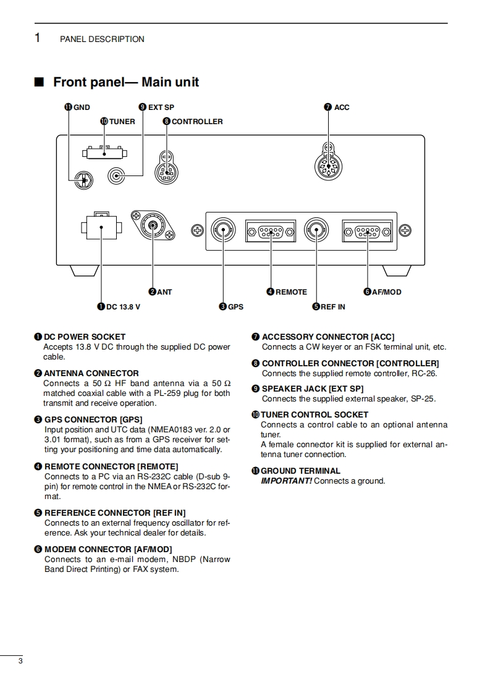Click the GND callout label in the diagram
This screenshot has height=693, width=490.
pyautogui.click(x=78, y=107)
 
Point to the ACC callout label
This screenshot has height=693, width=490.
pyautogui.click(x=337, y=107)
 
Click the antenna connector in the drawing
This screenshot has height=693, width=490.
pyautogui.click(x=152, y=227)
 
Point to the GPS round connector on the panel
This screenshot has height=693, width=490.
pyautogui.click(x=223, y=232)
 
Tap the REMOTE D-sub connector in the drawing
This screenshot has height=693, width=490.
pyautogui.click(x=270, y=232)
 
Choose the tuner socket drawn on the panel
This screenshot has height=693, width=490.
pyautogui.click(x=104, y=153)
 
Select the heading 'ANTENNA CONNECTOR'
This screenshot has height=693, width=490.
pyautogui.click(x=91, y=373)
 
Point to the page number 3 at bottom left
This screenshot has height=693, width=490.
pyautogui.click(x=20, y=662)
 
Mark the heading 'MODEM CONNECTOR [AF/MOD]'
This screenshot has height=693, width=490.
pyautogui.click(x=108, y=549)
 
